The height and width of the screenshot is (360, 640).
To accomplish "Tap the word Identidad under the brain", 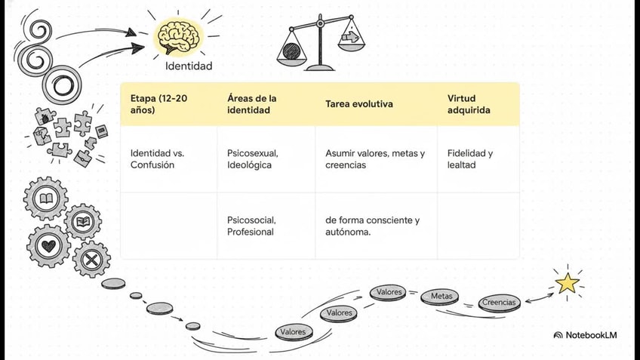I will pos(189,66).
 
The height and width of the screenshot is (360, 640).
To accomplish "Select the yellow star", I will pos(567,283).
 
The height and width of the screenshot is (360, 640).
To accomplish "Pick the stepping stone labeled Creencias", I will pos(499,303).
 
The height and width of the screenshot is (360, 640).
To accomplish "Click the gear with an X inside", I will pos(92,260).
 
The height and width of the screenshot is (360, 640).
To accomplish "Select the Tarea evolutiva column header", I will pos(359,104).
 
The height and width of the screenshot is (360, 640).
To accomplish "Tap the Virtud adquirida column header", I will pos(469,104).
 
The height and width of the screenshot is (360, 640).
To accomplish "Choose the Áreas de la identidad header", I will pos(252,104).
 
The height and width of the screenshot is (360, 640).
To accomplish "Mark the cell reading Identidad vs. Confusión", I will pos(157,158).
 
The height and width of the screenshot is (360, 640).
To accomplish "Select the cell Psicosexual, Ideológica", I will pos(253,158).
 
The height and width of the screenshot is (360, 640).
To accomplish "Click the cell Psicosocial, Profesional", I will pos(251,226).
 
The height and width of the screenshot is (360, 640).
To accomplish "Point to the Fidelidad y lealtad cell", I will pos(470,158).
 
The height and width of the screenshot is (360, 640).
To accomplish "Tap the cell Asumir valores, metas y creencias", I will pos(375,158).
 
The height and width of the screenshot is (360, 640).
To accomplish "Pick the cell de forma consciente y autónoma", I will pos(372,226).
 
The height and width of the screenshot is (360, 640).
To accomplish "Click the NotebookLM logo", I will pos(585,334).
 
